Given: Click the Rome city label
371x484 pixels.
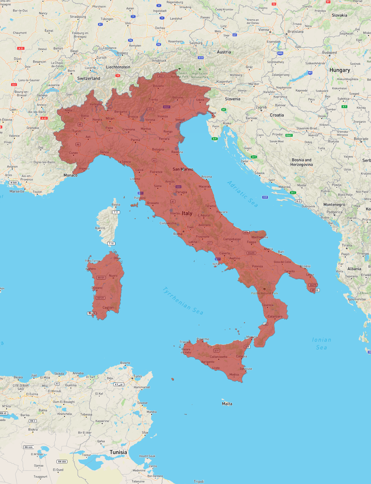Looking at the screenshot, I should click(178, 234).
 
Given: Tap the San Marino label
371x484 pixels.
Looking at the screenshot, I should click(183, 169).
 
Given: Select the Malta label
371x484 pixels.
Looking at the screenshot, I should click(227, 404).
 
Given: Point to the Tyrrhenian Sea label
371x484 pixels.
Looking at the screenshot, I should click(183, 301).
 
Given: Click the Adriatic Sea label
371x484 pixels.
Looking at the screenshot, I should click(242, 194).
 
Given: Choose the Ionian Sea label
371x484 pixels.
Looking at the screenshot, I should click(321, 344).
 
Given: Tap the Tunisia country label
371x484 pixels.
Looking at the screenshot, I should click(118, 452).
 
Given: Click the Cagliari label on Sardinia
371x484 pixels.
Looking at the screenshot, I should click(108, 308).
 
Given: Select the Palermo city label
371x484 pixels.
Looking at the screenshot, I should click(203, 339).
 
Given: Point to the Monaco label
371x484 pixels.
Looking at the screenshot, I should click(71, 175).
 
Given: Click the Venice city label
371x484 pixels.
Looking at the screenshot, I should click(180, 120).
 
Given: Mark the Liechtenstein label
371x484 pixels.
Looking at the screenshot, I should click(118, 67).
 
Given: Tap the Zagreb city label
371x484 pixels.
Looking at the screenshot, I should click(261, 107).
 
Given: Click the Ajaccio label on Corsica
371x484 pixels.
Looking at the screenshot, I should click(100, 228).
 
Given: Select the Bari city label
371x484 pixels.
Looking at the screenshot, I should click(281, 252).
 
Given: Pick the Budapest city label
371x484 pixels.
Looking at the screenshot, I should click(330, 53).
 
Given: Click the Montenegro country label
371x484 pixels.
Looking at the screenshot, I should click(334, 205).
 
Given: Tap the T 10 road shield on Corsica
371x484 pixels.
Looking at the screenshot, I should click(111, 243).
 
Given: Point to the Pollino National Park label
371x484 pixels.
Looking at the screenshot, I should click(264, 293).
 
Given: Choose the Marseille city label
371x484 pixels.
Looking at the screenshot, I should click(17, 191).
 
